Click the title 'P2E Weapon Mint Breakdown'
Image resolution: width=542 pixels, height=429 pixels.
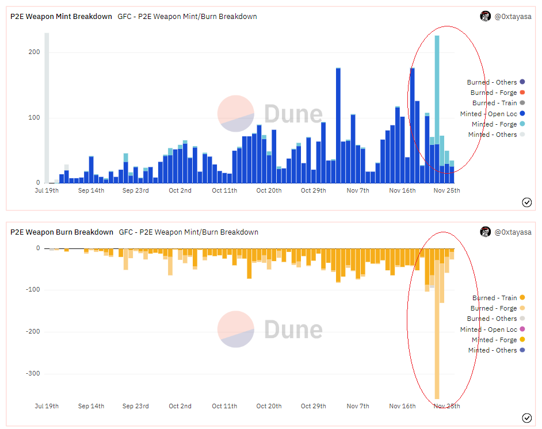click(x=61, y=17)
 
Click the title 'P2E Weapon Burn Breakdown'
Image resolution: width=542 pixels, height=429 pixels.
click(x=62, y=232)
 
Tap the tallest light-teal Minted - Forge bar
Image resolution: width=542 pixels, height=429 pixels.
click(x=437, y=90)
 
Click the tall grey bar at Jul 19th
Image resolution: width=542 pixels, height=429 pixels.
click(x=47, y=108)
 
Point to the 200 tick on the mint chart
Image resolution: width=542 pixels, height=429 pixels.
click(x=34, y=52)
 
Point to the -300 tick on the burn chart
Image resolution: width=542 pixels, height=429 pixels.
click(x=33, y=373)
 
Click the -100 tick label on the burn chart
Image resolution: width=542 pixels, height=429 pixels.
click(x=33, y=289)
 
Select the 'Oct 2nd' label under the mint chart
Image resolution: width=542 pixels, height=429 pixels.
click(x=180, y=190)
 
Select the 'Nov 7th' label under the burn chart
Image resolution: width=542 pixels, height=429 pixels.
click(x=358, y=406)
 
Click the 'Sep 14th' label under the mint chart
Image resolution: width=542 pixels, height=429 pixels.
click(x=91, y=190)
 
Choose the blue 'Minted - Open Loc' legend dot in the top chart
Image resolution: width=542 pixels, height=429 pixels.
click(x=522, y=113)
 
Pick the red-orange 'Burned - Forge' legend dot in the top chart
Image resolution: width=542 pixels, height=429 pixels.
click(x=522, y=92)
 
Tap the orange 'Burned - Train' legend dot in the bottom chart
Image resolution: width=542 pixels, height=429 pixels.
click(x=522, y=297)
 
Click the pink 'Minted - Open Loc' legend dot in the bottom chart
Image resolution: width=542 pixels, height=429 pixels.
click(x=522, y=329)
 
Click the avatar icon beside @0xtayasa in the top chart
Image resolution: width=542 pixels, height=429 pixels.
click(x=485, y=16)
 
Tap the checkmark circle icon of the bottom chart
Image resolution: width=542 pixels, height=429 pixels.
click(x=527, y=418)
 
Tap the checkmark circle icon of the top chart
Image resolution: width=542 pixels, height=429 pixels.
click(x=527, y=202)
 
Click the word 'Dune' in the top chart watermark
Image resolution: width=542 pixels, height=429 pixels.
click(x=293, y=114)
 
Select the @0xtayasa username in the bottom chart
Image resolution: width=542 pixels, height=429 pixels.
click(x=513, y=232)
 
